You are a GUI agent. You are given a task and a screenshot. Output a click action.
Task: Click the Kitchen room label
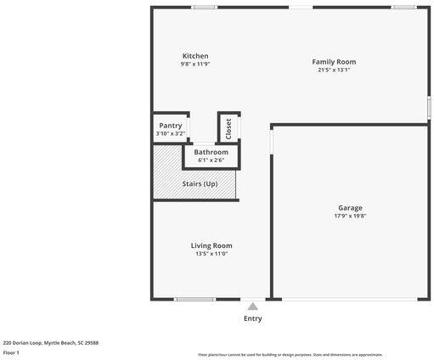click(x=194, y=56)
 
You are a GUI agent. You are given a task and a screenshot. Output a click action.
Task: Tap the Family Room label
click(x=333, y=61)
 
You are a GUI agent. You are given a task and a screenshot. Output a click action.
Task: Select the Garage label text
click(x=350, y=208)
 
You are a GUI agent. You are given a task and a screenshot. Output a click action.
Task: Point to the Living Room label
click(x=211, y=245)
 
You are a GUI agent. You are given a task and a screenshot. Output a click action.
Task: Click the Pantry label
click(x=170, y=126)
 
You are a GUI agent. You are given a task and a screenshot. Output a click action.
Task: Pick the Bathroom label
click(x=211, y=152)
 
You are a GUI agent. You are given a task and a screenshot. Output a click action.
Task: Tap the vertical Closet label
click(x=228, y=127)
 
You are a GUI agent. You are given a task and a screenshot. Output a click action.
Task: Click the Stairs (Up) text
click(x=200, y=183)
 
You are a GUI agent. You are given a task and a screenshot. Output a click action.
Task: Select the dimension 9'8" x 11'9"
click(x=194, y=65)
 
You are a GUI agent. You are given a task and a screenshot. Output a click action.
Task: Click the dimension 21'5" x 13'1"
click(x=333, y=70)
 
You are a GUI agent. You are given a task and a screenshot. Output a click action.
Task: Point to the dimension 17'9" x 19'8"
click(x=350, y=217)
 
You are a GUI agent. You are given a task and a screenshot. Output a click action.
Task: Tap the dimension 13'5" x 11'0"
click(x=211, y=253)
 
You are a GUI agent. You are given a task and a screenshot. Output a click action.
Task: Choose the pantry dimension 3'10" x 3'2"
click(x=170, y=133)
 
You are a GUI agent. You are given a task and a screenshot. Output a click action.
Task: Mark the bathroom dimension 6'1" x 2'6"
click(x=211, y=160)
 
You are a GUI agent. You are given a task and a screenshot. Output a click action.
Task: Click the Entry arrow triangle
click(x=252, y=307)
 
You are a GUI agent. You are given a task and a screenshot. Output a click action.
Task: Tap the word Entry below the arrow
click(x=252, y=318)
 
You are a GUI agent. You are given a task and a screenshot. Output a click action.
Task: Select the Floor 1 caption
click(x=11, y=352)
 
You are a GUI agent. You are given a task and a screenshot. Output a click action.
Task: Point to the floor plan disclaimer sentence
click(x=290, y=355)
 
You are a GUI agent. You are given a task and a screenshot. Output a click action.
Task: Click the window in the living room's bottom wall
click(x=194, y=299)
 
